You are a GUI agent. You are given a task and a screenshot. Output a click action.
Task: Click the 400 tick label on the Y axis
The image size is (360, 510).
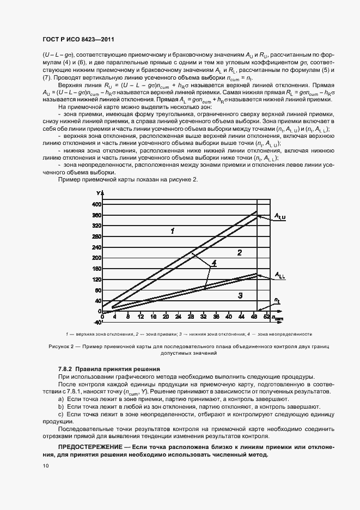click(96, 204)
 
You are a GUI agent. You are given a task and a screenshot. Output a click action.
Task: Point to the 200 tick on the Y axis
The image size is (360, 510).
click(96, 258)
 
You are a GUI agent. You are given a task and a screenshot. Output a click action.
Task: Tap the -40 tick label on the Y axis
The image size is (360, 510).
click(96, 311)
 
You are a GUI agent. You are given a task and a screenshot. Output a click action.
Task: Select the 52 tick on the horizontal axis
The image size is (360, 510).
click(266, 316)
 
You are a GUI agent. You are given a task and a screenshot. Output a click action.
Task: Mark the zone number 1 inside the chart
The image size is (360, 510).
click(172, 231)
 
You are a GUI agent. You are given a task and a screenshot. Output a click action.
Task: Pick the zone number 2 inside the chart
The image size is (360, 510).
click(239, 252)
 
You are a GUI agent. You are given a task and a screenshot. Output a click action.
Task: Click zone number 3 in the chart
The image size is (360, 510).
click(240, 295)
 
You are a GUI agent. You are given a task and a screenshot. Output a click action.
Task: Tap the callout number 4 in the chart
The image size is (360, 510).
click(214, 263)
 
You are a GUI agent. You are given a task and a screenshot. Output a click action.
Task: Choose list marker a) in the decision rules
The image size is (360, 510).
click(60, 399)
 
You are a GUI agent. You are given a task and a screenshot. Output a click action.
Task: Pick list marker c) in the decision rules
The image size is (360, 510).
click(60, 415)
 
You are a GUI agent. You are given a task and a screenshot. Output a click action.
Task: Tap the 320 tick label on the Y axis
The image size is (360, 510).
click(96, 226)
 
